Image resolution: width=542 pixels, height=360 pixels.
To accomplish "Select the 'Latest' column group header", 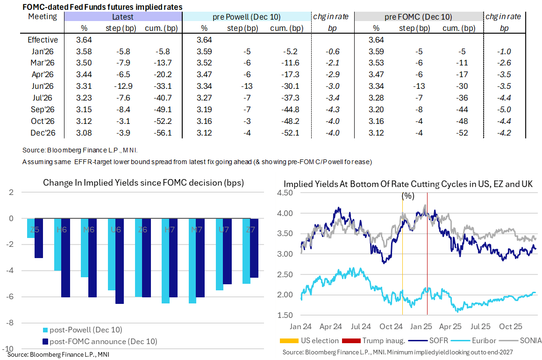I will pyautogui.click(x=123, y=17).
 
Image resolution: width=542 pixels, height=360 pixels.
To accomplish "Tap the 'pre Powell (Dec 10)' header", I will pyautogui.click(x=247, y=17).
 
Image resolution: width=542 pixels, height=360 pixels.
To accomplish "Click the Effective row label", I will pyautogui.click(x=43, y=40).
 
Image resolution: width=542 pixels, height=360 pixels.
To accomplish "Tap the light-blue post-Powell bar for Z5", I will pyautogui.click(x=30, y=228).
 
